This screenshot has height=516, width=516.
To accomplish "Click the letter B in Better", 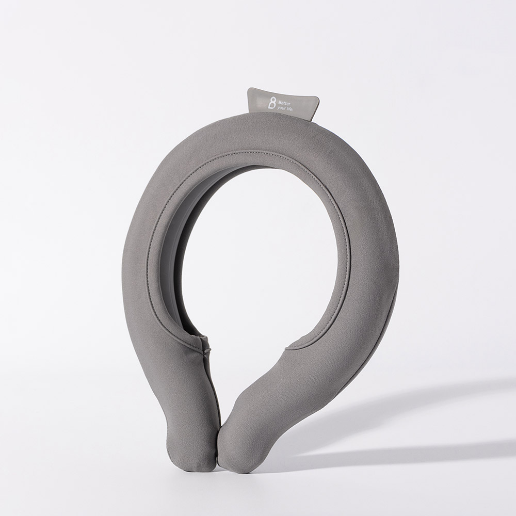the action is pyautogui.click(x=279, y=102).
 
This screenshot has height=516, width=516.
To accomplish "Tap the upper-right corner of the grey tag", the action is pyautogui.click(x=318, y=97).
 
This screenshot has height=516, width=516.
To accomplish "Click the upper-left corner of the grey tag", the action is pyautogui.click(x=249, y=89).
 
